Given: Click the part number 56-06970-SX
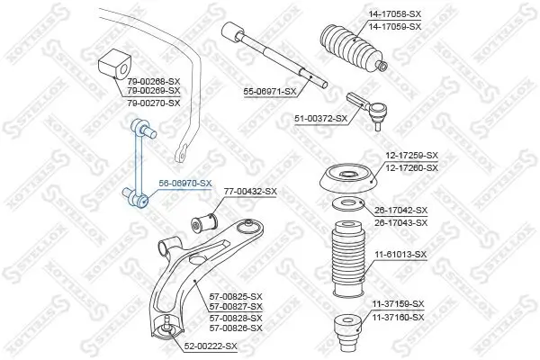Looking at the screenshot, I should click(184, 184).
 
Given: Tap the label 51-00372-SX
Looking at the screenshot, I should click(321, 118).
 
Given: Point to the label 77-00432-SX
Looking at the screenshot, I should click(249, 192).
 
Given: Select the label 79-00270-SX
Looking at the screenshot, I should click(154, 103).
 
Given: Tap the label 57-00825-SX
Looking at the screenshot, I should click(236, 296).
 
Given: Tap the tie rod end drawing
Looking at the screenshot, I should click(370, 106).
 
